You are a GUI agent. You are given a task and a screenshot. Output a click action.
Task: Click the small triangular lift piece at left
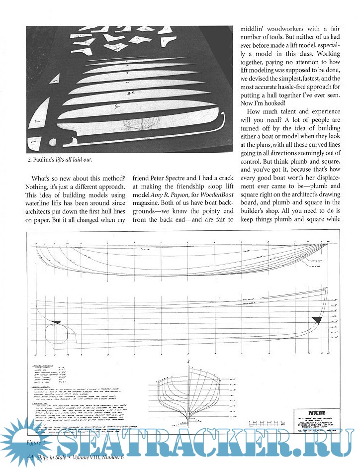tap(55, 78)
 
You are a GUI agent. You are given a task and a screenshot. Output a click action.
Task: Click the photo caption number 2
tap(30, 160)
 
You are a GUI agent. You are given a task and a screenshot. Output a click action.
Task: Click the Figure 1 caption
tap(38, 442)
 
